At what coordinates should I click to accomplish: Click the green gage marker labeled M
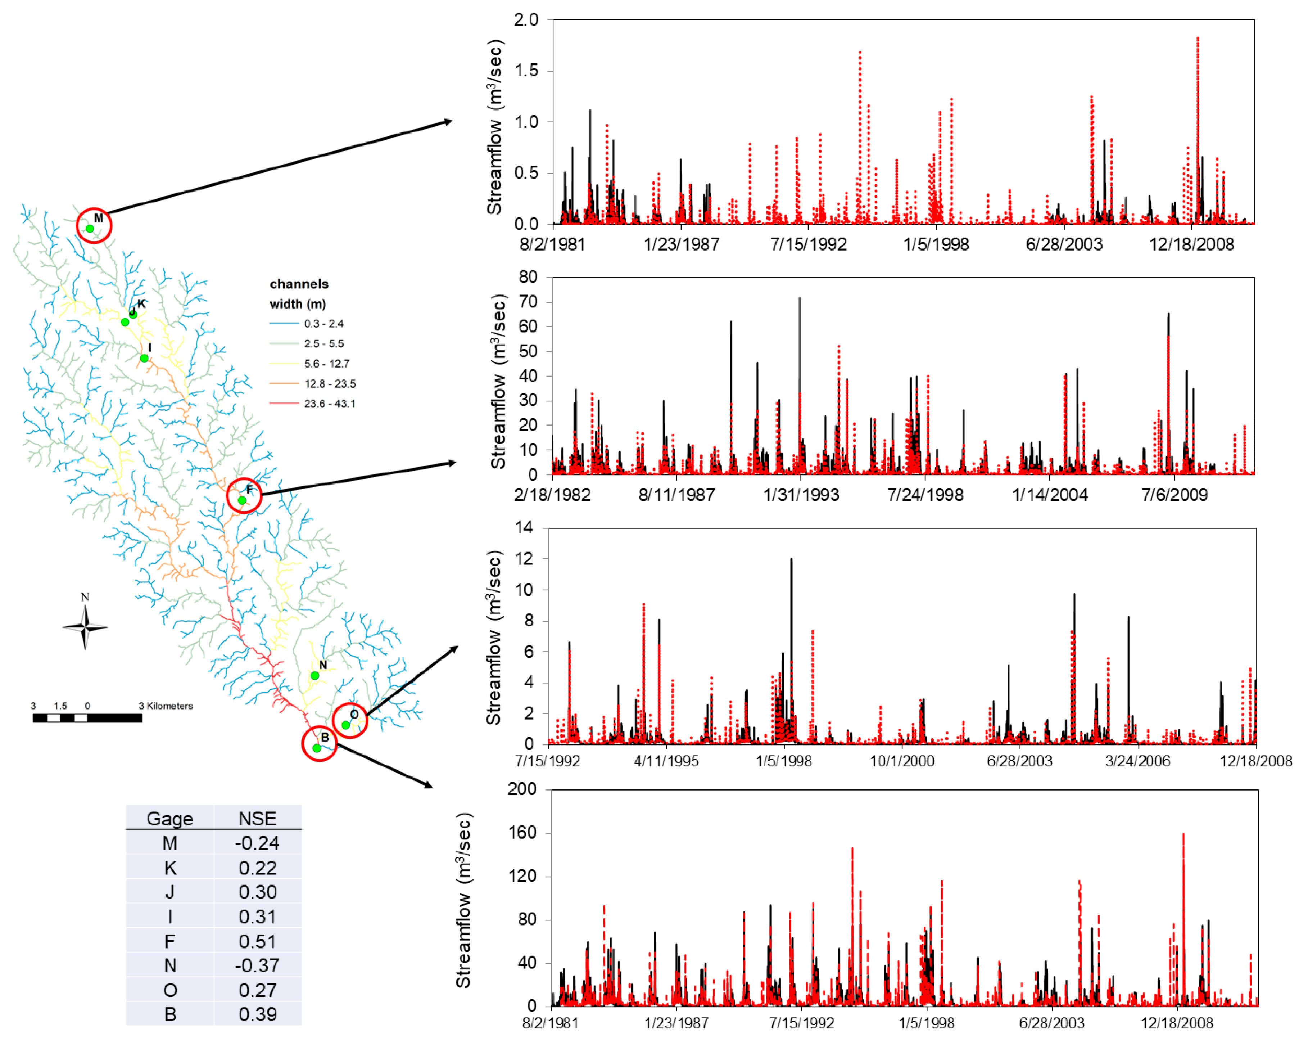coord(90,229)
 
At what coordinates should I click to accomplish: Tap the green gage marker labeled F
coord(241,500)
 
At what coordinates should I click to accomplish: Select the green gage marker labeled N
coord(314,676)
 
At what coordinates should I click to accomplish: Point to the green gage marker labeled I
coord(144,358)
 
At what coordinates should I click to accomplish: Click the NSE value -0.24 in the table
coord(257,843)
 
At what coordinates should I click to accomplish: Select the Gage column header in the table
coord(170,818)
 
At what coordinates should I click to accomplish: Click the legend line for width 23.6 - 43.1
coord(284,403)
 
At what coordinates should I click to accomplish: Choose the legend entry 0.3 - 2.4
coord(323,324)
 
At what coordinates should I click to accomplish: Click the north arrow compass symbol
coord(85,627)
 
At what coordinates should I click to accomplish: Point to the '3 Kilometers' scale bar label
coord(166,706)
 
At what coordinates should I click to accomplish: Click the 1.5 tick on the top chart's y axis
coord(526,71)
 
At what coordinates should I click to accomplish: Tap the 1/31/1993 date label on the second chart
coord(801,495)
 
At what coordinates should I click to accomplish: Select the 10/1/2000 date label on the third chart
coord(902,761)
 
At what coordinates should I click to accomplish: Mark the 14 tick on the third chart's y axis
coord(524,527)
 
